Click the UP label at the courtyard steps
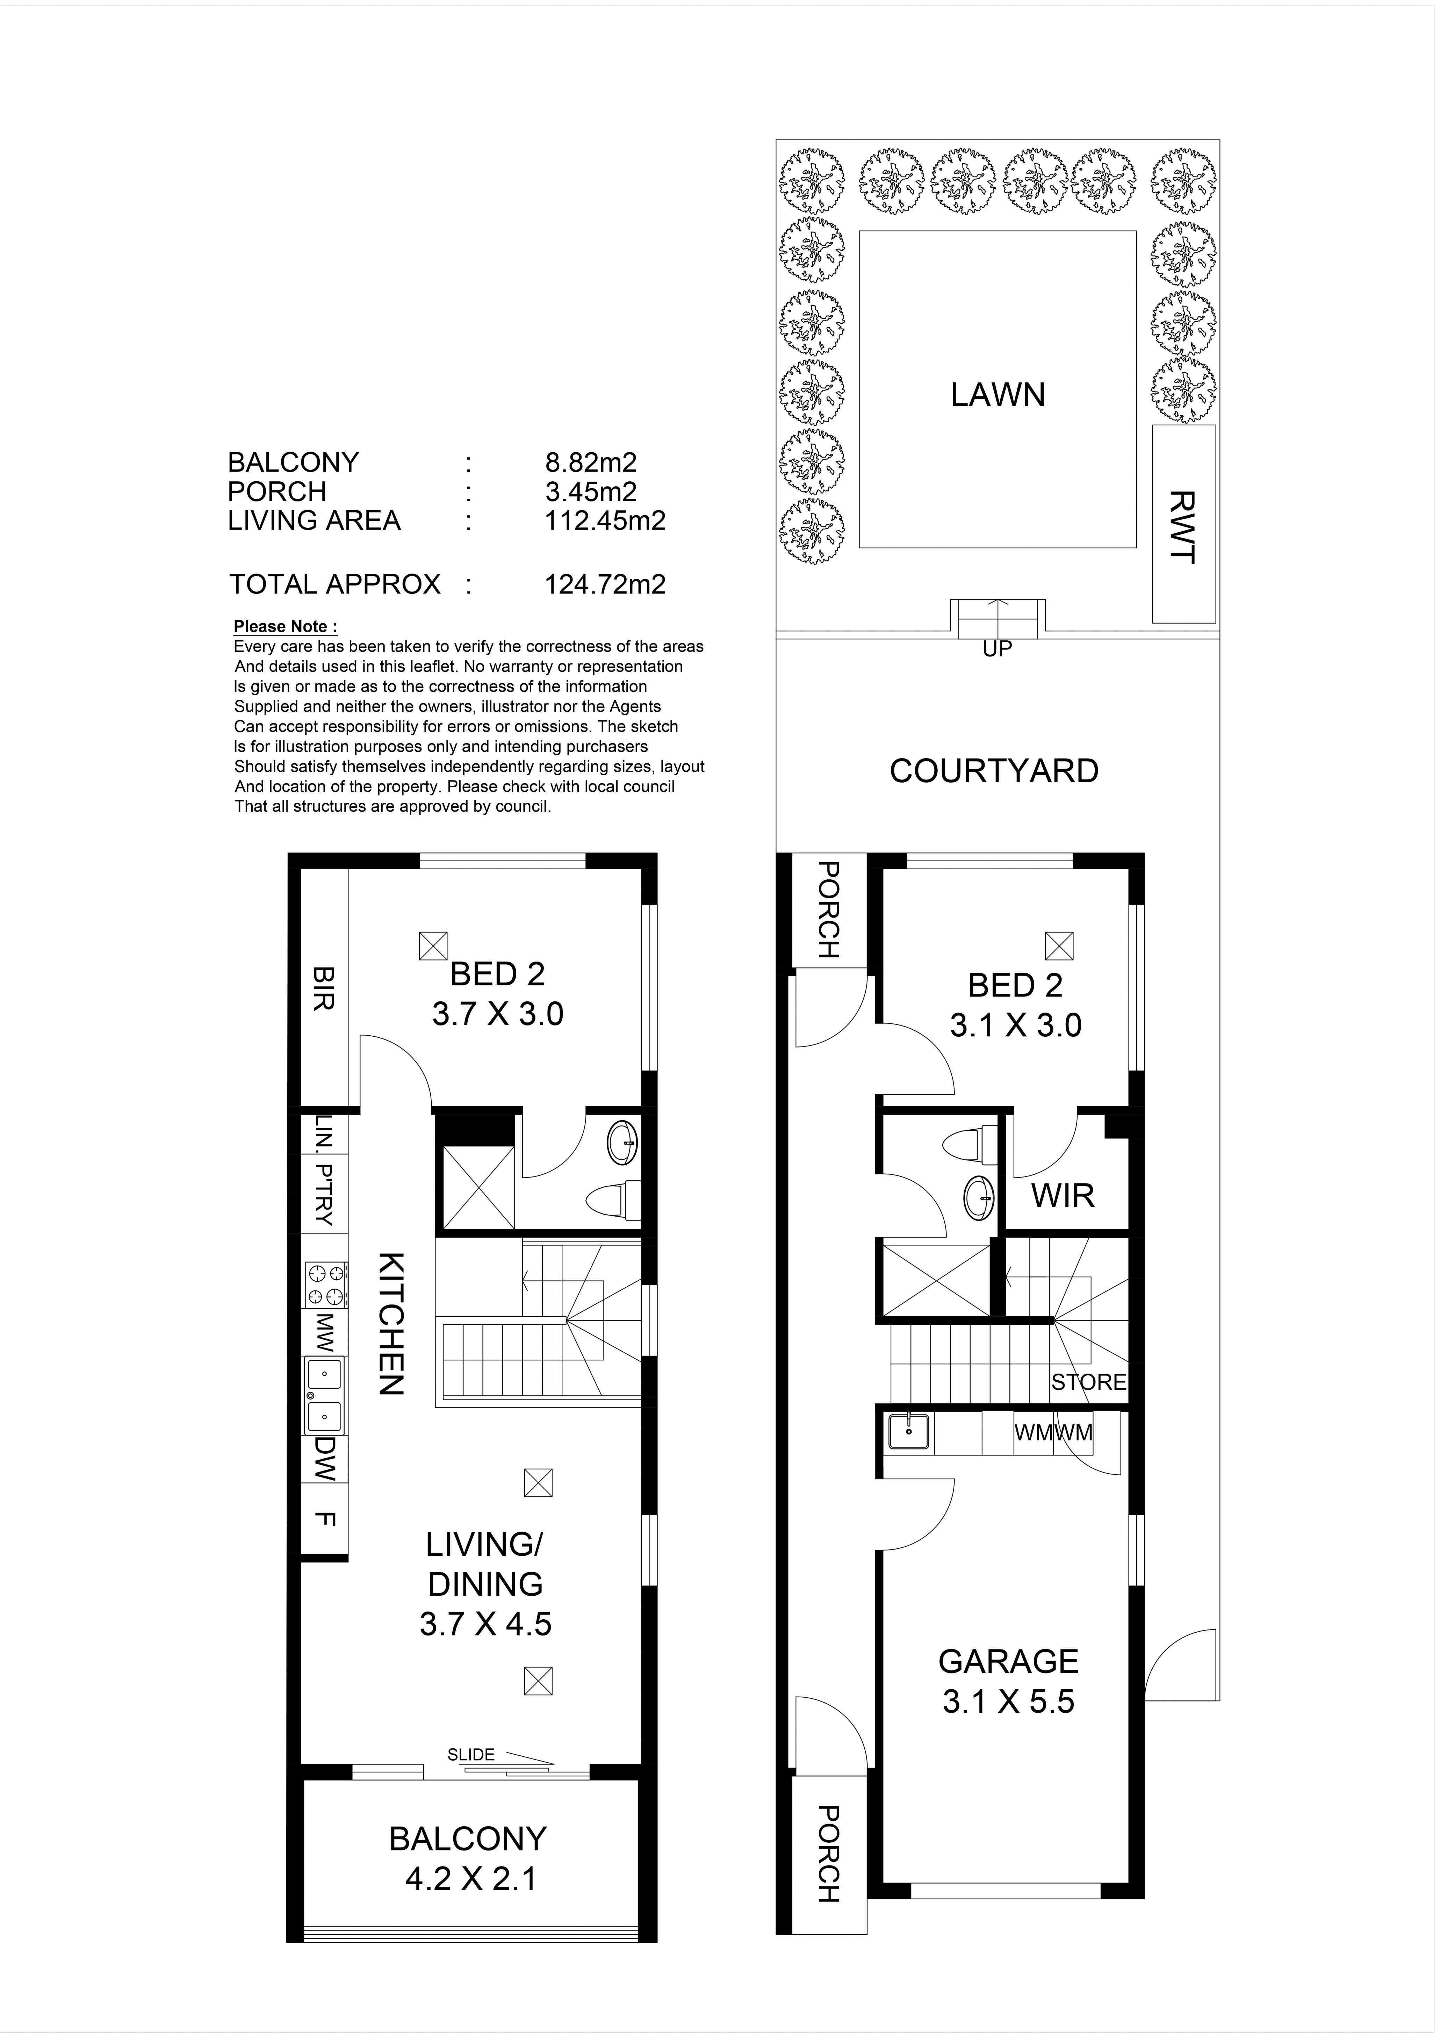point(998,649)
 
